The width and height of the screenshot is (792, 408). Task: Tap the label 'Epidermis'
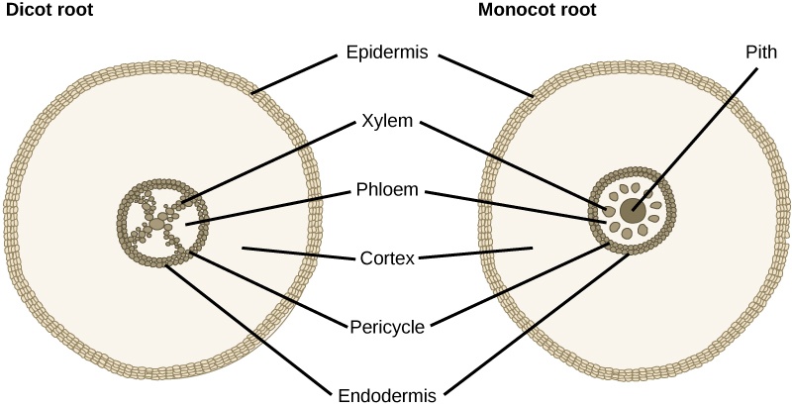tap(386, 53)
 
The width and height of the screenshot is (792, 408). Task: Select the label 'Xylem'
tap(386, 125)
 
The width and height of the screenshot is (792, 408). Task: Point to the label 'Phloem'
tap(386, 191)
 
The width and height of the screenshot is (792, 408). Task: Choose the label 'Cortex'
tap(386, 258)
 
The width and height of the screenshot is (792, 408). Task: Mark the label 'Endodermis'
tap(386, 393)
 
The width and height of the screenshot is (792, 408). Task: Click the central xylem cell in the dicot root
tap(161, 215)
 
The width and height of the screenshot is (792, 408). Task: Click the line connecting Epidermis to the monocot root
tap(485, 75)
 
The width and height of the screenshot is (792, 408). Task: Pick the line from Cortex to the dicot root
tap(297, 254)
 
